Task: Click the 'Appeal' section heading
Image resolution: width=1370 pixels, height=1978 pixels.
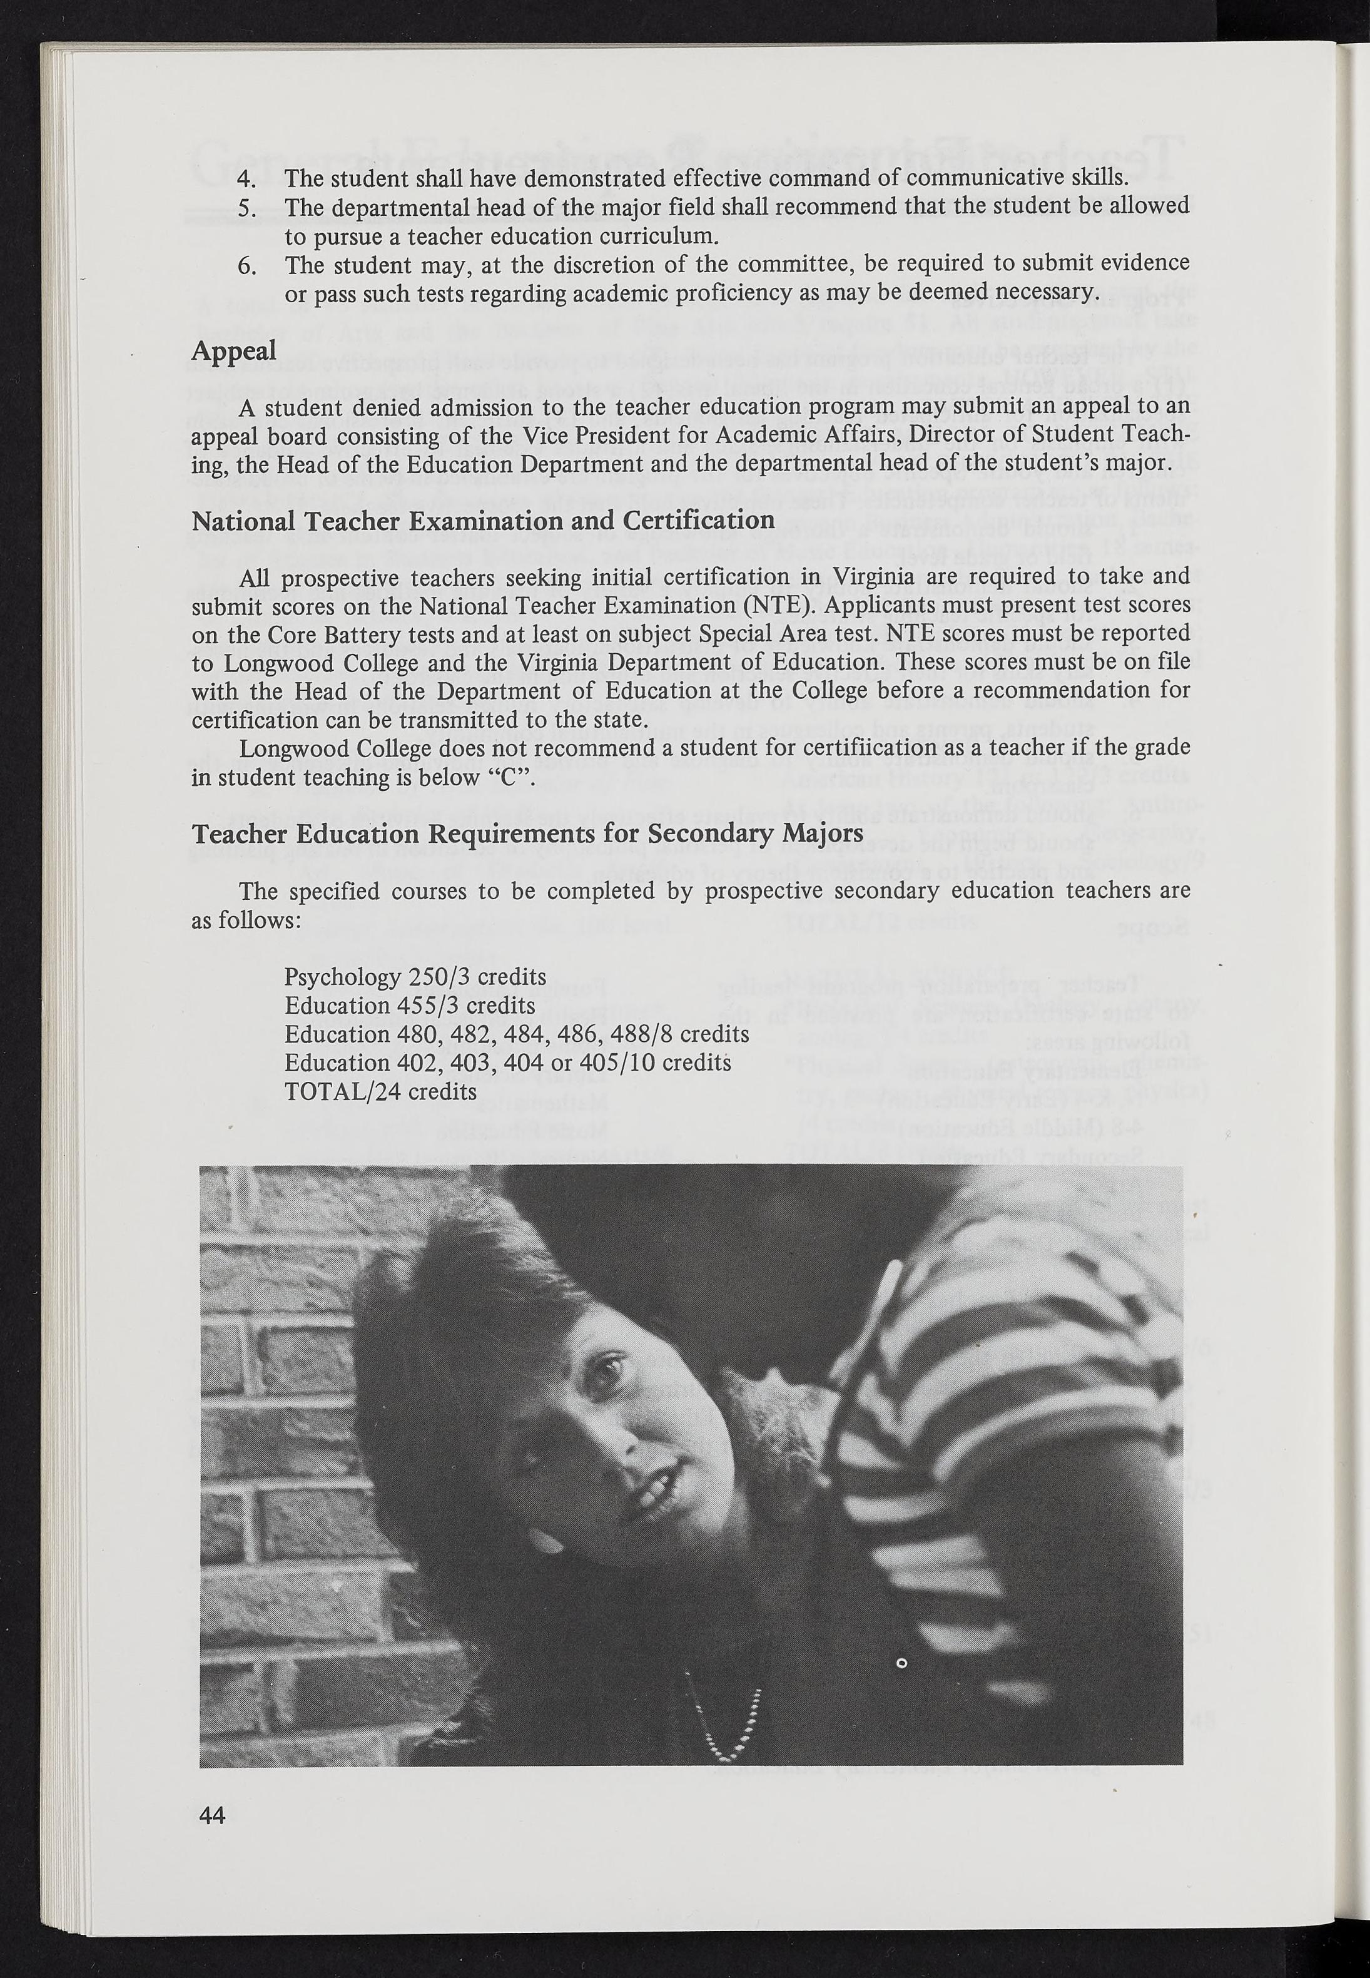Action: click(x=233, y=351)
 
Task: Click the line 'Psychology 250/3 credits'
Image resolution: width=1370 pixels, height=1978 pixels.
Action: click(x=415, y=977)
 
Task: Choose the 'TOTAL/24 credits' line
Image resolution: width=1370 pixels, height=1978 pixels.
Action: click(x=380, y=1091)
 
